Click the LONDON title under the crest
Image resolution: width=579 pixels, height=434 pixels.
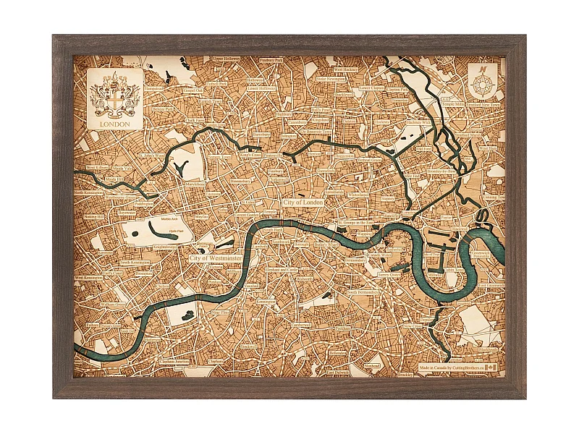[x=115, y=124]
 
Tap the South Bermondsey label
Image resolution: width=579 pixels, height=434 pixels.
[x=365, y=292]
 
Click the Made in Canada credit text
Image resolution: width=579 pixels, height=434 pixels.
[x=449, y=367]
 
